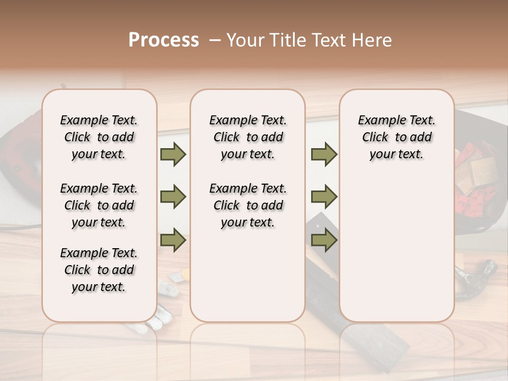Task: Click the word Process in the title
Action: [164, 40]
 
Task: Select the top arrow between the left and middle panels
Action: [173, 155]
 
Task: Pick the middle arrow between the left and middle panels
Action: [173, 197]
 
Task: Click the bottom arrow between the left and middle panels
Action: [173, 240]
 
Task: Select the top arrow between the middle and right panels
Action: [324, 155]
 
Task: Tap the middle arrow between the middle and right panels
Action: [324, 197]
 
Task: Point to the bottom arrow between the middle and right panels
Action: [324, 240]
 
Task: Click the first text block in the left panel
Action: [99, 137]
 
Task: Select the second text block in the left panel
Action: [99, 205]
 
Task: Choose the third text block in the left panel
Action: [99, 270]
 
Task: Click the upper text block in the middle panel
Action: [248, 137]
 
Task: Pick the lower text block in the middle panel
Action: [248, 205]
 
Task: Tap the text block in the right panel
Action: [396, 137]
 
